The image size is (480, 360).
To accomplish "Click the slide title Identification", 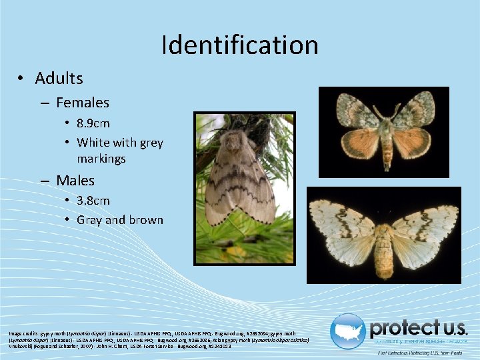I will tap(240, 45).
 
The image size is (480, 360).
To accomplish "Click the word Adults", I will tap(59, 79).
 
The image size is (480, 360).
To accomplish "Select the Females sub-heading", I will tap(83, 103).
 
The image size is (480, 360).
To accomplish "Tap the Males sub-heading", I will tap(75, 181).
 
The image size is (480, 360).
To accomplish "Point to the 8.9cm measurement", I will tap(93, 123).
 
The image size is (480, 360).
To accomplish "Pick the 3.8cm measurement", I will tap(93, 201).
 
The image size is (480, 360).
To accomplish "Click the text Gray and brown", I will tap(120, 220).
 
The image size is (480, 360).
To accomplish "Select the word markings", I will tap(101, 159).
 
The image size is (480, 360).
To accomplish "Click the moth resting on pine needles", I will tap(240, 180).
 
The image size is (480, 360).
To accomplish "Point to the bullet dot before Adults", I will tap(22, 79).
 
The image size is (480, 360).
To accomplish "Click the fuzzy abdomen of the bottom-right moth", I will tap(385, 250).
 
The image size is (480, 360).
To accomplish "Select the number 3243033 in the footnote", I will tap(219, 347).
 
